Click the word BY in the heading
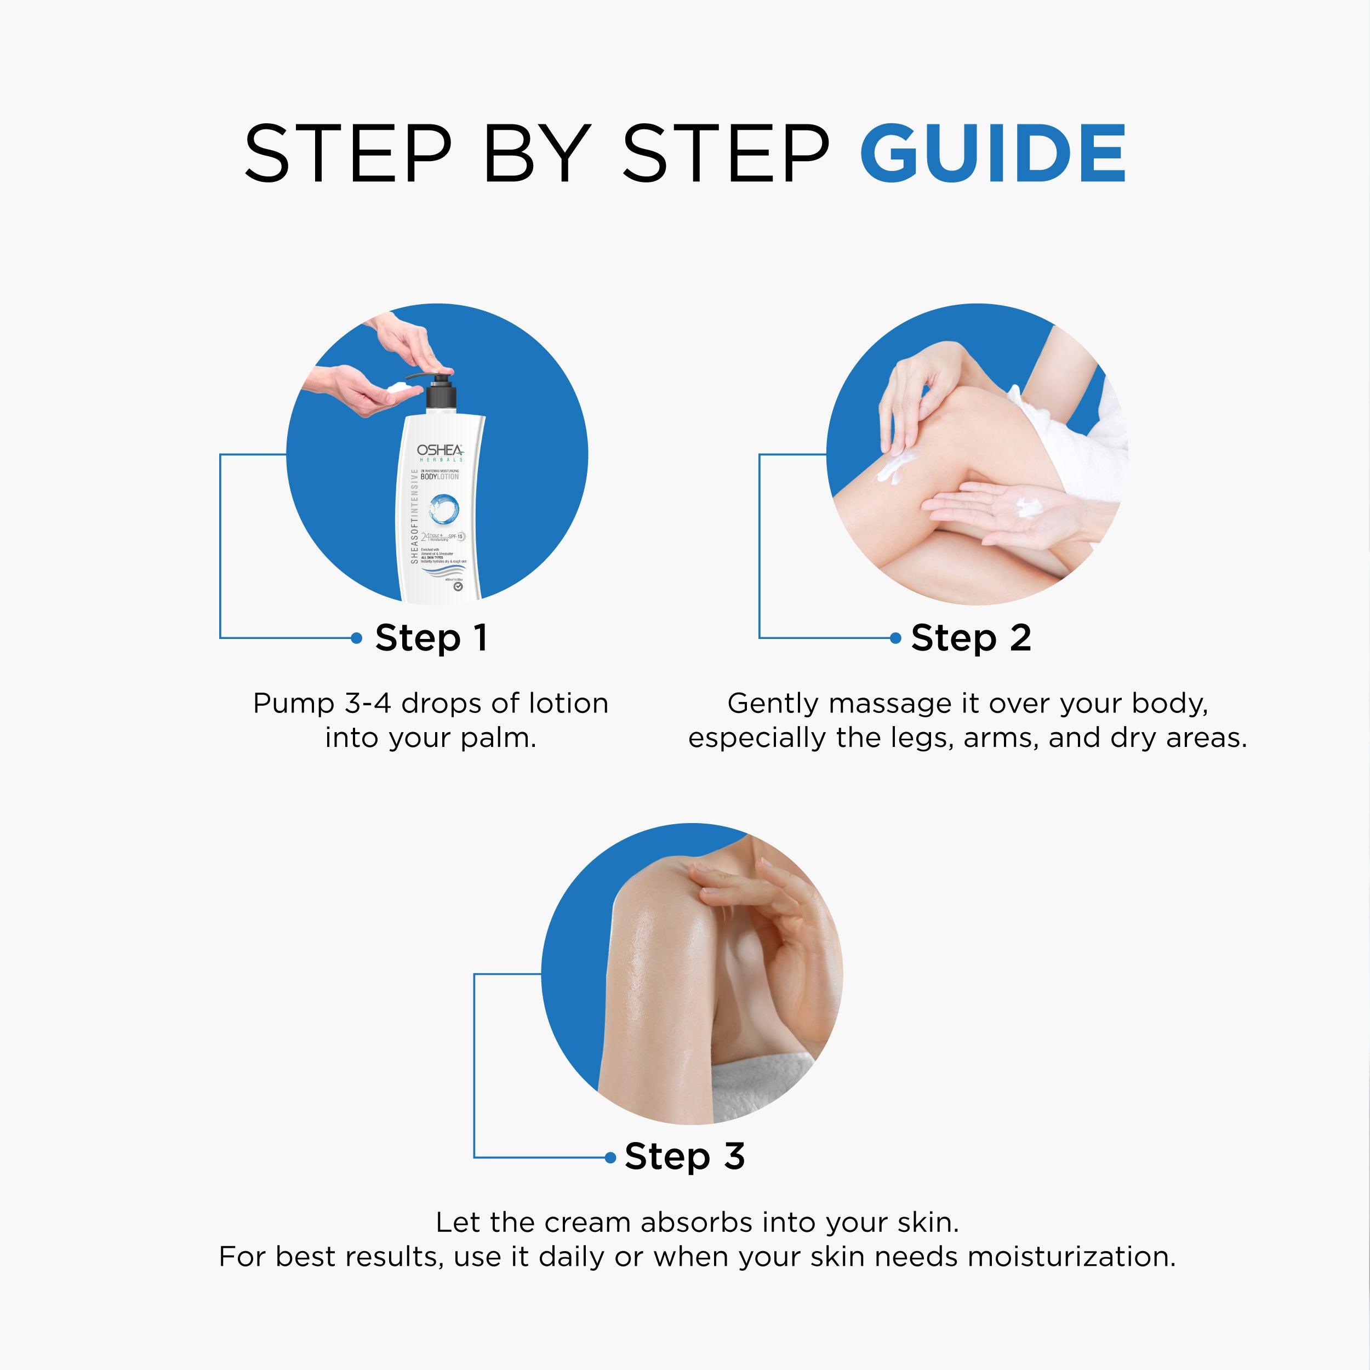537,153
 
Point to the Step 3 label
684,1157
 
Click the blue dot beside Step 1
357,638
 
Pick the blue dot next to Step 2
895,638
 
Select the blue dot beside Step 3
610,1157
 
